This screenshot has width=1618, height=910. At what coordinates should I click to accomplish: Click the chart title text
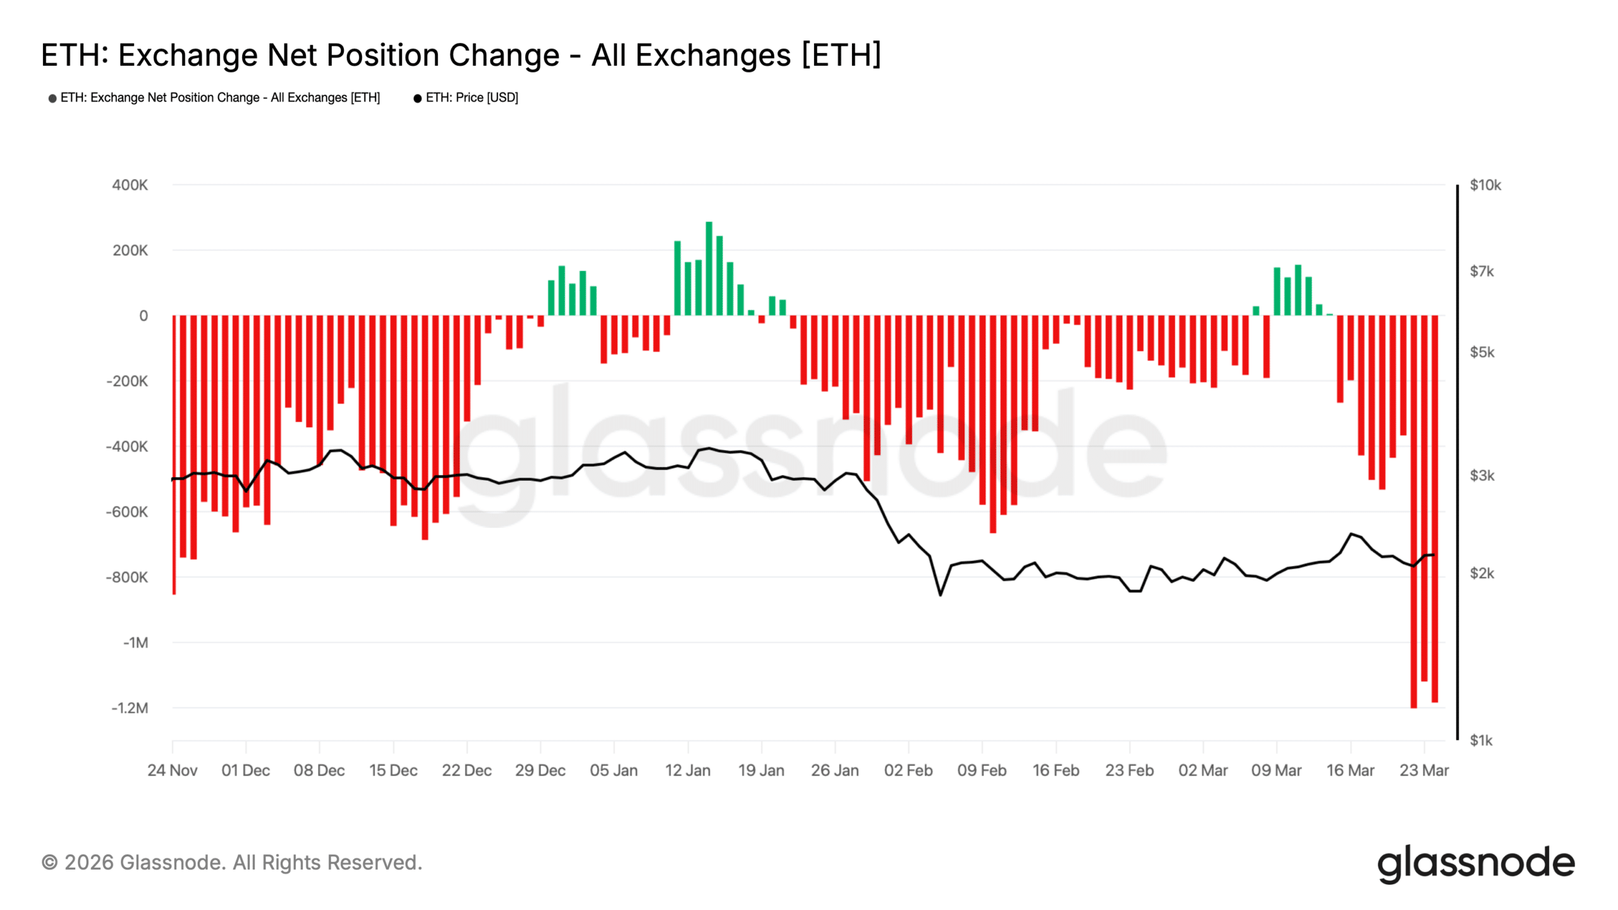click(x=460, y=55)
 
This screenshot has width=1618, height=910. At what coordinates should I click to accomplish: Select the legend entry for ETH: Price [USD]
click(x=471, y=97)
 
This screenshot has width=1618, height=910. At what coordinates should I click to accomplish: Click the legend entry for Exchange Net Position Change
click(x=219, y=97)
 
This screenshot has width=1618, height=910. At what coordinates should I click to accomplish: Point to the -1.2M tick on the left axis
click(x=130, y=708)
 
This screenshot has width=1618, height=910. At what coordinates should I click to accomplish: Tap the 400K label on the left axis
click(x=130, y=185)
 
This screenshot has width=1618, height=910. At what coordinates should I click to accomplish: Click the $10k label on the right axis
click(x=1485, y=185)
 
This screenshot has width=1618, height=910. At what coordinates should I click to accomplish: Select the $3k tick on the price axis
click(x=1481, y=475)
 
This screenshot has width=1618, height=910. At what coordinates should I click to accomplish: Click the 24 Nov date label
click(x=172, y=770)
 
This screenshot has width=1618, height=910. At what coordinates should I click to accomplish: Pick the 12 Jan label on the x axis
click(x=688, y=770)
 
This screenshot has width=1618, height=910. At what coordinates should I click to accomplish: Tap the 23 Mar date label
click(x=1424, y=770)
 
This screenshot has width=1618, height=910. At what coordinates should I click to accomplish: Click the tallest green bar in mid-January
click(x=709, y=269)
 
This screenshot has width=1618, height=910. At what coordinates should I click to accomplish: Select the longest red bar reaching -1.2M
click(x=1413, y=512)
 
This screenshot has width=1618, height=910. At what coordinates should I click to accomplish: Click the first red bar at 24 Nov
click(x=174, y=455)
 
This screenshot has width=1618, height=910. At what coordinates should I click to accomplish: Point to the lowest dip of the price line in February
click(x=940, y=595)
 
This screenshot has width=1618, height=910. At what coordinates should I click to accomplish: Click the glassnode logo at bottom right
click(x=1476, y=863)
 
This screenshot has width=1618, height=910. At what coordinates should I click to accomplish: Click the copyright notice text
click(x=231, y=863)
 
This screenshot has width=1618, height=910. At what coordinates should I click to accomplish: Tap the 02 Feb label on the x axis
click(x=908, y=770)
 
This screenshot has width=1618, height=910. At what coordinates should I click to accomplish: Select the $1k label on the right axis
click(x=1481, y=740)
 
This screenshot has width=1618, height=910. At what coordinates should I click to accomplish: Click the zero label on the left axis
click(x=143, y=316)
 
